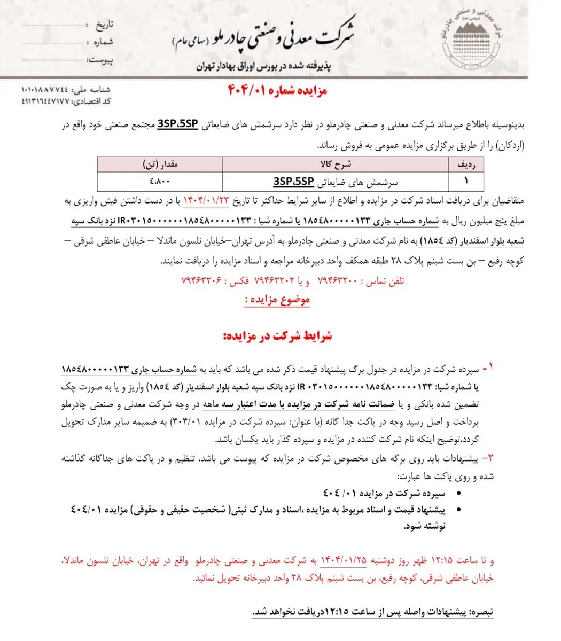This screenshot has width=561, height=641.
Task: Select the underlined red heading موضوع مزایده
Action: pos(277,300)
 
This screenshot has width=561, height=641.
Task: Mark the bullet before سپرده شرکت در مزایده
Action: pos(441,493)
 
